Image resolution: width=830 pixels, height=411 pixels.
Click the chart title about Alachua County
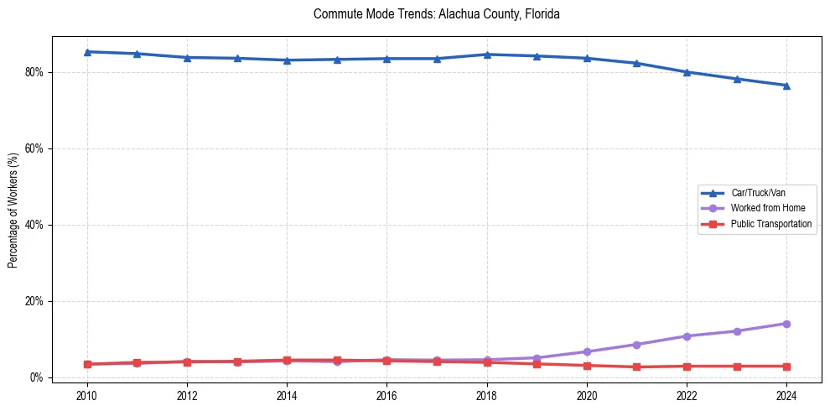[436, 14]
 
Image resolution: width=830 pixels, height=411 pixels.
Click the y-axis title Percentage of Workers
[13, 210]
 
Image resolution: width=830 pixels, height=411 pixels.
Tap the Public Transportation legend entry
[770, 224]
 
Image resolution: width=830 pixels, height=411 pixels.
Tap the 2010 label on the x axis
[86, 395]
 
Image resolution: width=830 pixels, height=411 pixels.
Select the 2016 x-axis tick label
[386, 395]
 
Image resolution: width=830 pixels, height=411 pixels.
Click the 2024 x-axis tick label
[786, 395]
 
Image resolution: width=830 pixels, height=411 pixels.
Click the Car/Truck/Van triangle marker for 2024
[786, 86]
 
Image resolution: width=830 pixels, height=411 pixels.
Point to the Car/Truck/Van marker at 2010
[86, 52]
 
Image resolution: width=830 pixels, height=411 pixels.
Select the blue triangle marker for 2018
[486, 55]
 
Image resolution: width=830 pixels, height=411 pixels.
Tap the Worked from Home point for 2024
[786, 324]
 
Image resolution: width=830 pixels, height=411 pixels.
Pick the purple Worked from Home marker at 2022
[687, 336]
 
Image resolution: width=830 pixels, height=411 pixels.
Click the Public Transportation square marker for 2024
[786, 367]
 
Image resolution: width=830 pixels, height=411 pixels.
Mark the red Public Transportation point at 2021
[636, 367]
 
